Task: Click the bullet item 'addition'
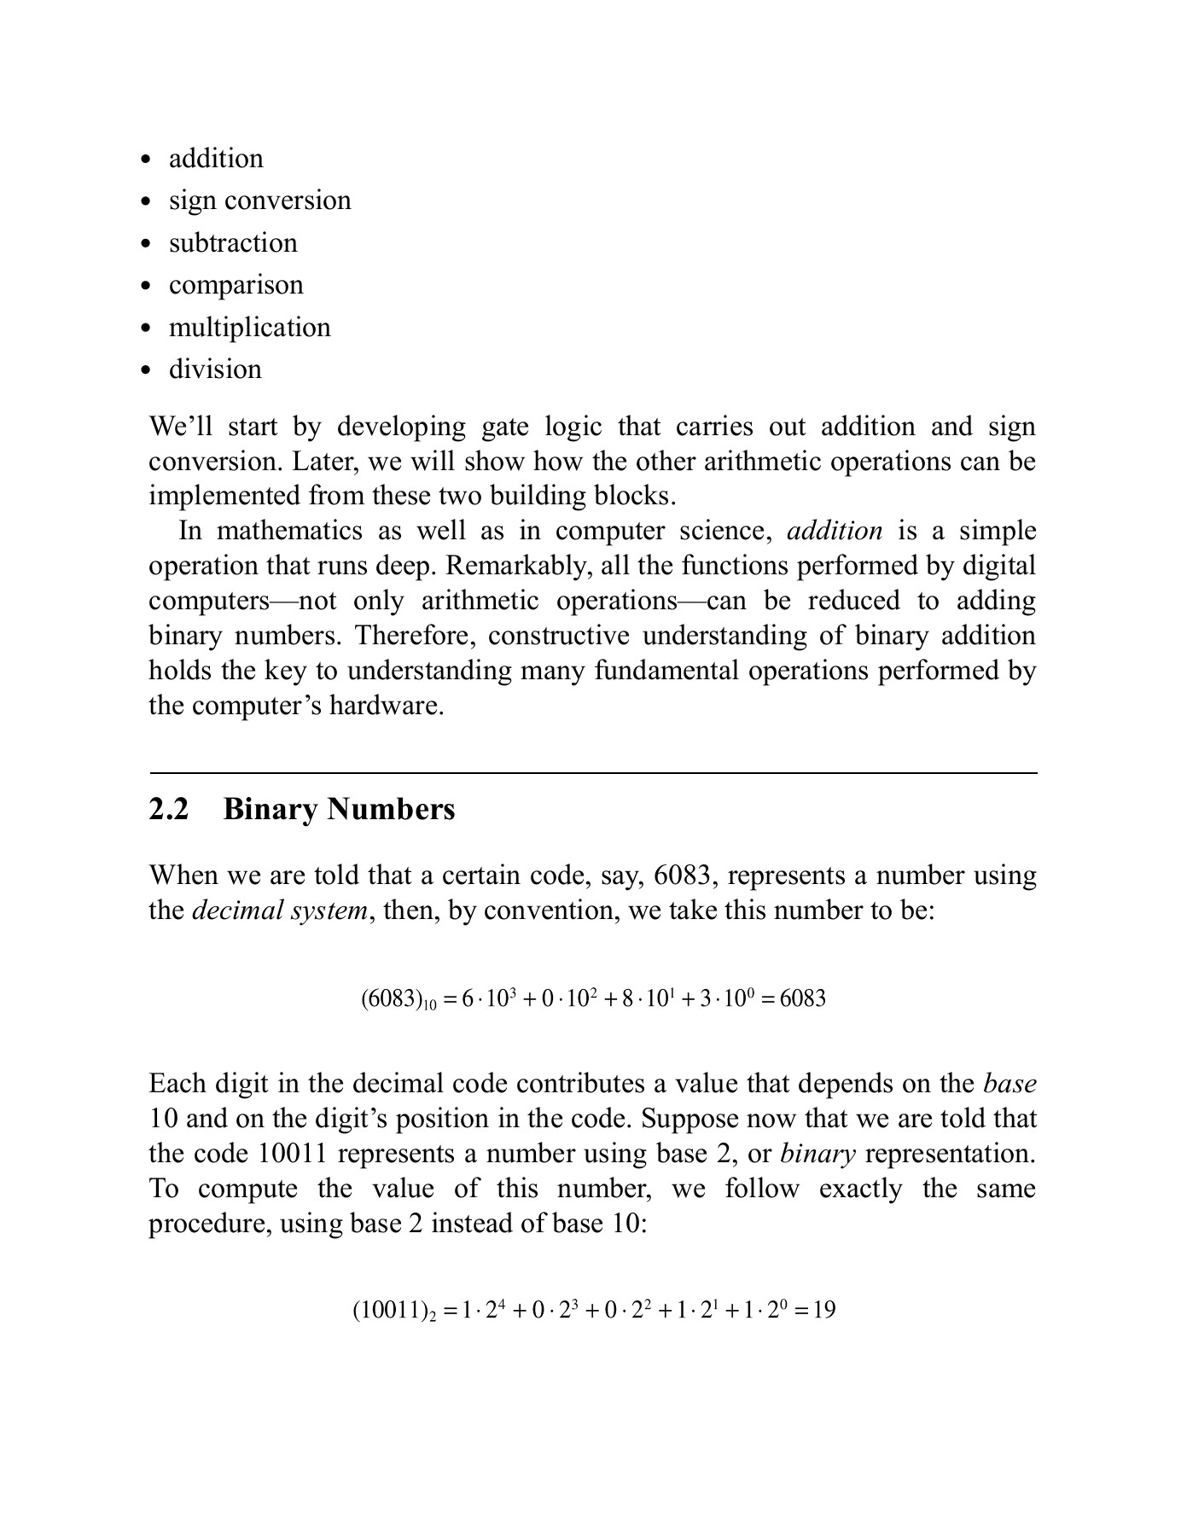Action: pyautogui.click(x=216, y=159)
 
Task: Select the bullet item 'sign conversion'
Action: pyautogui.click(x=259, y=201)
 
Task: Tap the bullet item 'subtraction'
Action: pyautogui.click(x=233, y=243)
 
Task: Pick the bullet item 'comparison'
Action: pyautogui.click(x=236, y=285)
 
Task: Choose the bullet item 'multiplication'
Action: pyautogui.click(x=249, y=328)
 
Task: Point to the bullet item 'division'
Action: pyautogui.click(x=215, y=369)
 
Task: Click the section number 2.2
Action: pyautogui.click(x=168, y=809)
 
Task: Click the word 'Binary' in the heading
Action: pyautogui.click(x=271, y=809)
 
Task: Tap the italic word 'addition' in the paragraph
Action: pyautogui.click(x=834, y=531)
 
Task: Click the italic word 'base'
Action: pyautogui.click(x=1010, y=1084)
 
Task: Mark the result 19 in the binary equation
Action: pyautogui.click(x=823, y=1310)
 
